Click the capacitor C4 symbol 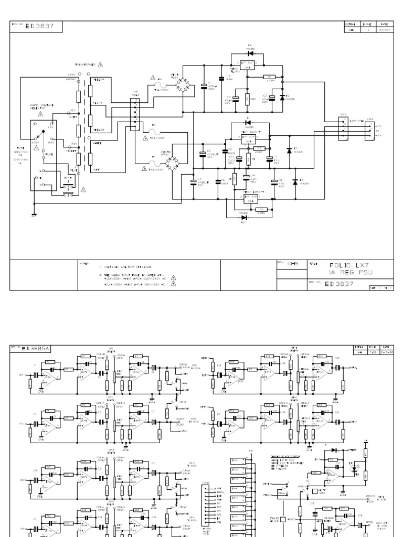[193, 181]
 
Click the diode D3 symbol [289, 151]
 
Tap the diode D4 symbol [294, 181]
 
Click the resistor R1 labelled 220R [270, 77]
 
